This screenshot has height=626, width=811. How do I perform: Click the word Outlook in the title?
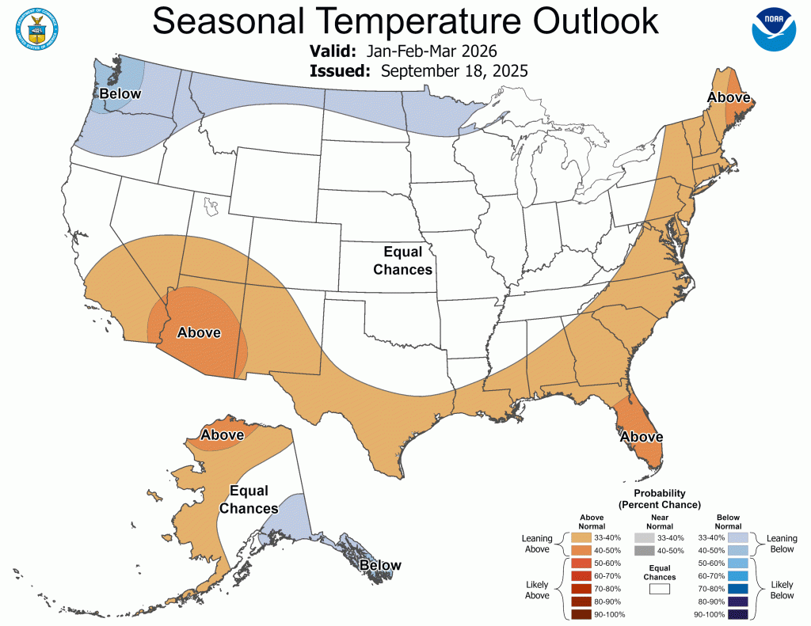(579, 21)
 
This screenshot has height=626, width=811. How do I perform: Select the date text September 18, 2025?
(455, 71)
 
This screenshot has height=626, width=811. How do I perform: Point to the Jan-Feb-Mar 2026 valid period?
(432, 51)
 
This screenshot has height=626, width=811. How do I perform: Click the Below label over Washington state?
(120, 94)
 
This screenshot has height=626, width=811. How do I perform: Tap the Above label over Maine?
(729, 97)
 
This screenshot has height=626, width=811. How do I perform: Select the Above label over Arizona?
(198, 332)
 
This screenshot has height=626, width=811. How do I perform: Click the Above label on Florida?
(641, 436)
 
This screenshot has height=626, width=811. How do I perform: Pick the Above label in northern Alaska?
(222, 434)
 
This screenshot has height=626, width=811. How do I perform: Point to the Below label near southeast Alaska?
(380, 565)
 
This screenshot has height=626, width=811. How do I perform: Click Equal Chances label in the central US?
(408, 260)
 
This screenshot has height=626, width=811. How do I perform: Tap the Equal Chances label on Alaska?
(249, 499)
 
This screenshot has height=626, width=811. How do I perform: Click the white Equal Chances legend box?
(659, 589)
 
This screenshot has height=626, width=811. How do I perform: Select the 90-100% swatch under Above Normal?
(580, 614)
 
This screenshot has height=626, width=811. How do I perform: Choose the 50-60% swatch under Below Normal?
(738, 563)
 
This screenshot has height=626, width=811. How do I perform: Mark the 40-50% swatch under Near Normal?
(643, 550)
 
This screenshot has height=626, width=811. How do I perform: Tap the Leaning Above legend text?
(537, 544)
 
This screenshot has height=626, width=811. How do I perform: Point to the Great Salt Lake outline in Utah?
(210, 208)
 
